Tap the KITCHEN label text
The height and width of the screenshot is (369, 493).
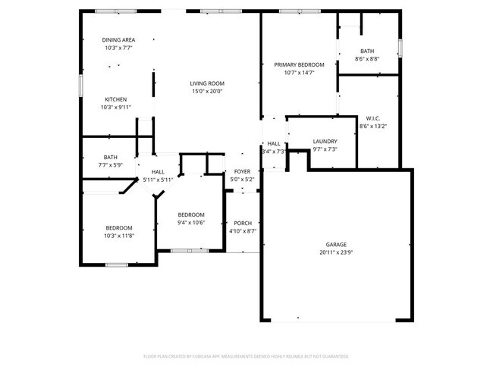115,99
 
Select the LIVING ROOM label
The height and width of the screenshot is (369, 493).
206,83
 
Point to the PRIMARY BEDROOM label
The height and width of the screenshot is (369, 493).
299,65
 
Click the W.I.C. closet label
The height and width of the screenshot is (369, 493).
372,118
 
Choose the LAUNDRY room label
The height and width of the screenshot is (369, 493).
325,141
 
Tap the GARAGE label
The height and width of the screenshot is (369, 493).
336,244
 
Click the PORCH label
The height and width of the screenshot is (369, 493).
243,223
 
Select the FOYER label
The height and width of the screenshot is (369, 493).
242,172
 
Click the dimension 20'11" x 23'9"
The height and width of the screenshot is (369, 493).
336,252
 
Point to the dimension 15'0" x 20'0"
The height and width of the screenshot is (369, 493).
206,92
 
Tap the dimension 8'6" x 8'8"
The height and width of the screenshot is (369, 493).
367,59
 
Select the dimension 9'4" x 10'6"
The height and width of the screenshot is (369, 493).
191,223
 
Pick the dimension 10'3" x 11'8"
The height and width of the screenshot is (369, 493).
119,236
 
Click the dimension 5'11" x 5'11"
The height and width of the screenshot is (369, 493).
159,180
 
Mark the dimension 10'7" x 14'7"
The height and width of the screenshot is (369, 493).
299,73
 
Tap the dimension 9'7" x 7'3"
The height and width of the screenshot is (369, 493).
325,149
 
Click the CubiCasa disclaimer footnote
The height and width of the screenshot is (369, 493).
246,355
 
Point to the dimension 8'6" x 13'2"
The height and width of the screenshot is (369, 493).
372,127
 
